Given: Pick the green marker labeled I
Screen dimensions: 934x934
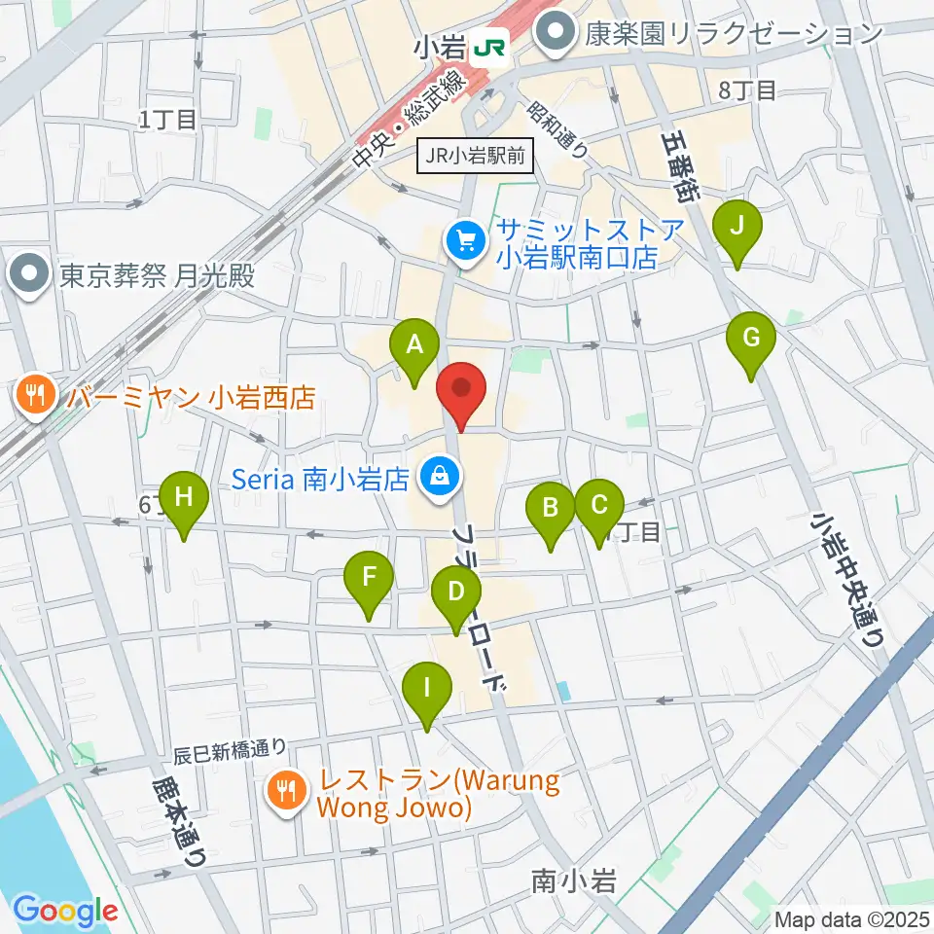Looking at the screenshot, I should pos(427,689).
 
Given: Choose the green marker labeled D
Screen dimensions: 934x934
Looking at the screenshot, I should pos(454,592).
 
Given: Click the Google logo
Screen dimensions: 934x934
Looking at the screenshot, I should pos(65,912).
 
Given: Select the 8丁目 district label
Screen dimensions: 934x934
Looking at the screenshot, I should pos(746,90).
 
